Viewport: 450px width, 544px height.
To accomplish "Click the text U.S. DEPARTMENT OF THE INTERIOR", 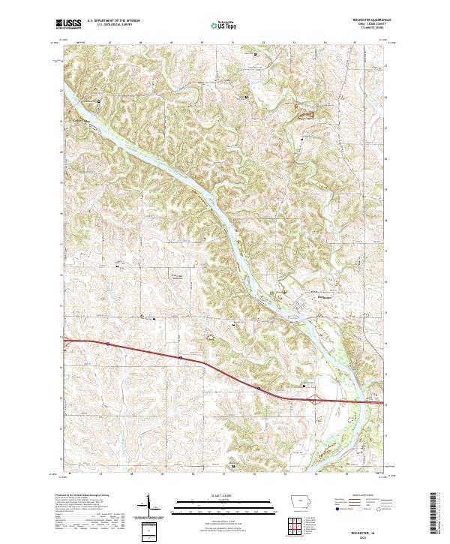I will click(113, 22).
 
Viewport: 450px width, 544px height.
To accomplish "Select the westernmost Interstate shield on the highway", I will click(107, 344).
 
